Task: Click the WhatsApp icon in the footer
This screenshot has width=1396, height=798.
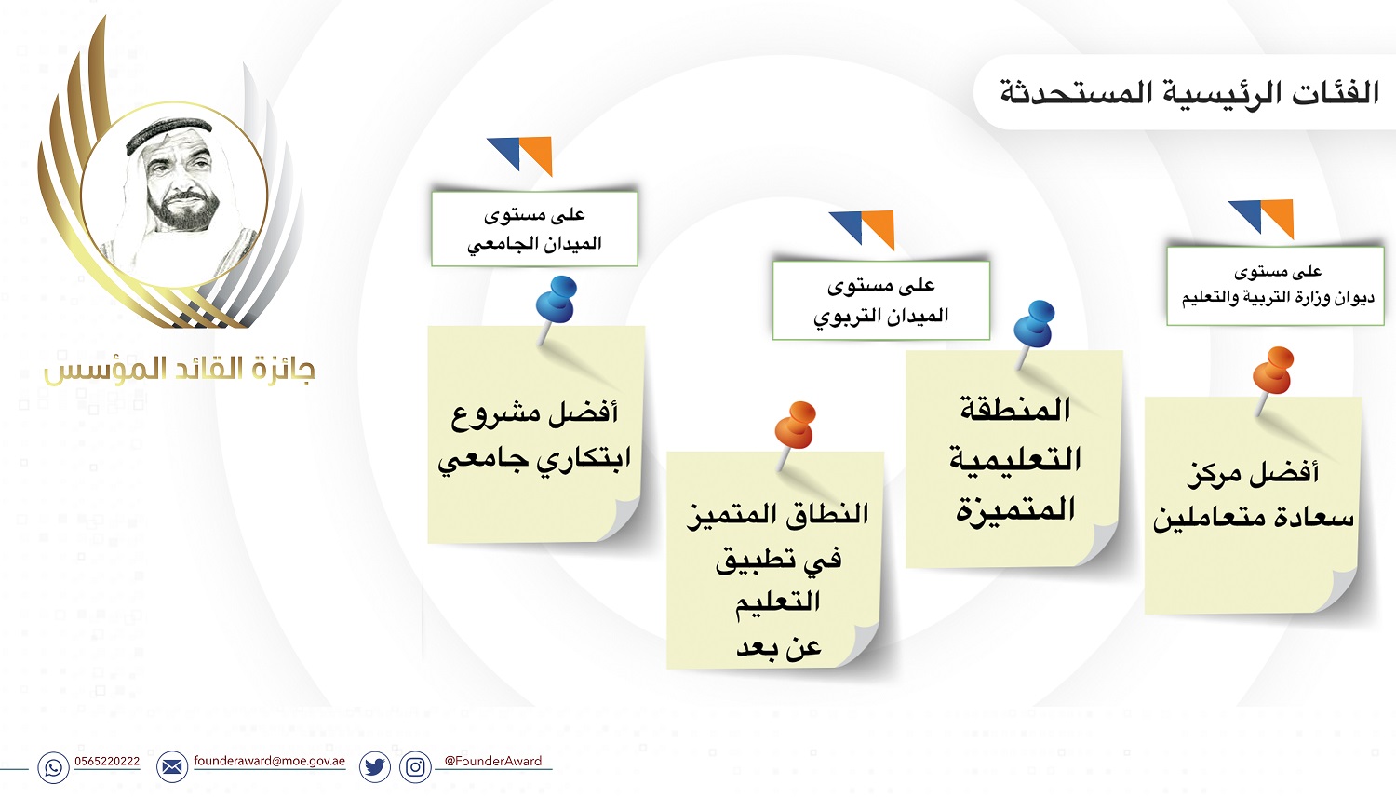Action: coord(54,767)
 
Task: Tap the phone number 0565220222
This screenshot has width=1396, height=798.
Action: coord(107,761)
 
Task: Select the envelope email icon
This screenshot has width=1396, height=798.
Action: coord(172,767)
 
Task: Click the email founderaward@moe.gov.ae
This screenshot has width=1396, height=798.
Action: coord(269,761)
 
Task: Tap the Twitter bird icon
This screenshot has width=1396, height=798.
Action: coord(375,767)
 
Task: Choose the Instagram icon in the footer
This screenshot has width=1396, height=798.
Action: coord(415,767)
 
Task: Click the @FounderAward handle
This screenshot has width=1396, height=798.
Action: coord(493,761)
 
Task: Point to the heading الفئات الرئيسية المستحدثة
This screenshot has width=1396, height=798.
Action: coord(1189,93)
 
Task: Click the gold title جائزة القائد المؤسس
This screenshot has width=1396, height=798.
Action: coord(180,371)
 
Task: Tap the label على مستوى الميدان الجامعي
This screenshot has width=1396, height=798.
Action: coord(535,229)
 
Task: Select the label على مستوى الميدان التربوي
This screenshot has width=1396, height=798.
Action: coord(881,301)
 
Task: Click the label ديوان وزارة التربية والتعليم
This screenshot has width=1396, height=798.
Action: coord(1278,298)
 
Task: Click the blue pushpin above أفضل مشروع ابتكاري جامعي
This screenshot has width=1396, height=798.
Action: coord(555,306)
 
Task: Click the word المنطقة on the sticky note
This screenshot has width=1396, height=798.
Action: coord(1015,411)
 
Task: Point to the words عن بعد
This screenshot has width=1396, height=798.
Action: coord(779,647)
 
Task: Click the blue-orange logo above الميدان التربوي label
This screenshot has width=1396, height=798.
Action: coord(862,229)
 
